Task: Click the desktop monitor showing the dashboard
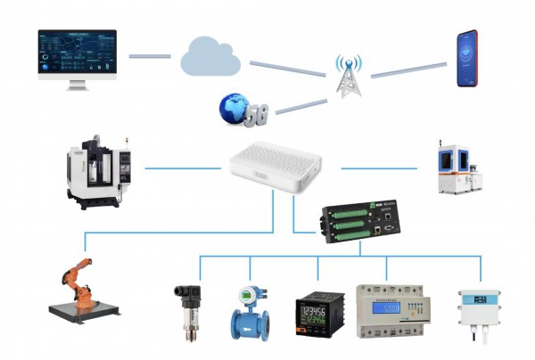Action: [x=78, y=55]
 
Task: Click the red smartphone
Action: [x=467, y=59]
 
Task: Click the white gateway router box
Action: [x=273, y=170]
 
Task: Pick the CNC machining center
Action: [x=99, y=170]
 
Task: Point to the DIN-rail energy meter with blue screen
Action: [x=386, y=311]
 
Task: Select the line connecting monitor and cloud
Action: [x=149, y=55]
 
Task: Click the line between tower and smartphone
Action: [x=408, y=70]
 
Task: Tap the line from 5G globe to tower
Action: [x=300, y=105]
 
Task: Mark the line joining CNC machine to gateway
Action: [x=183, y=167]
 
